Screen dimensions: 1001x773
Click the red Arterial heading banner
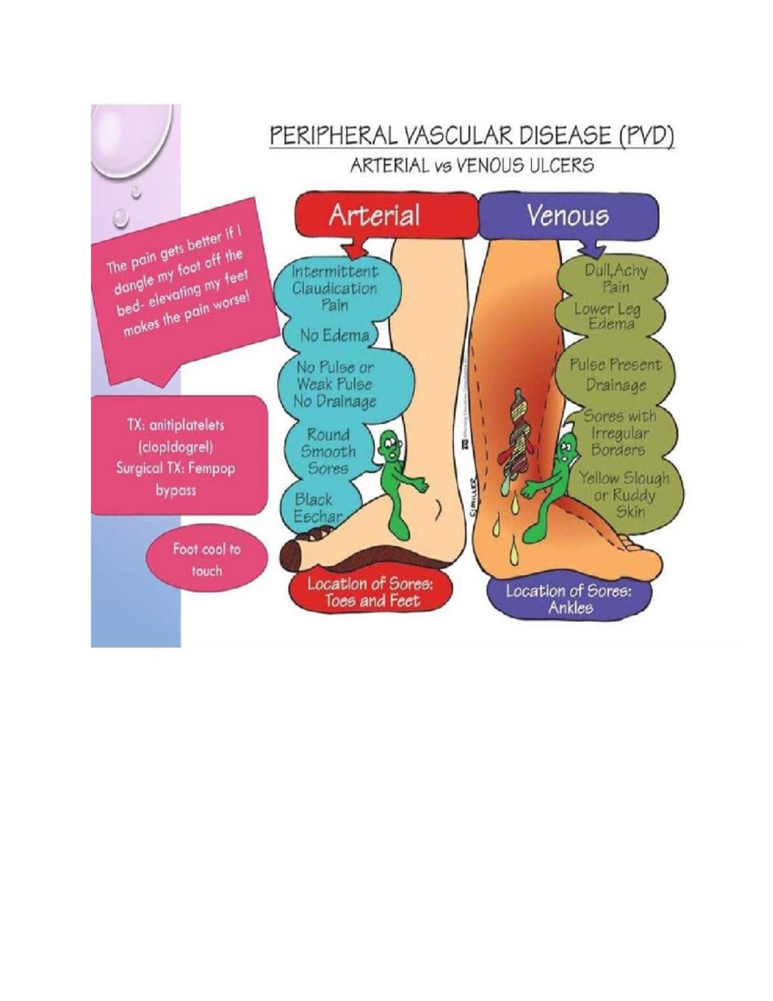tap(374, 215)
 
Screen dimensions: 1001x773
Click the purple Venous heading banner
tap(568, 215)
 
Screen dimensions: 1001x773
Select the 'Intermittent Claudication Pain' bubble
tap(334, 288)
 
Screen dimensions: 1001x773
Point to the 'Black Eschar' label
tap(316, 508)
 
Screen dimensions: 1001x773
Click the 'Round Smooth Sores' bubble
tap(329, 452)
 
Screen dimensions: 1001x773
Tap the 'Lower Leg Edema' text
tap(608, 316)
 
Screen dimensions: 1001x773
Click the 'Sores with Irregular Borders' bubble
tap(619, 432)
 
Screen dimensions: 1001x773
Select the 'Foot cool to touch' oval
tap(206, 559)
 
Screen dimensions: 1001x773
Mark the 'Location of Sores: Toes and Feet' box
tap(370, 592)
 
